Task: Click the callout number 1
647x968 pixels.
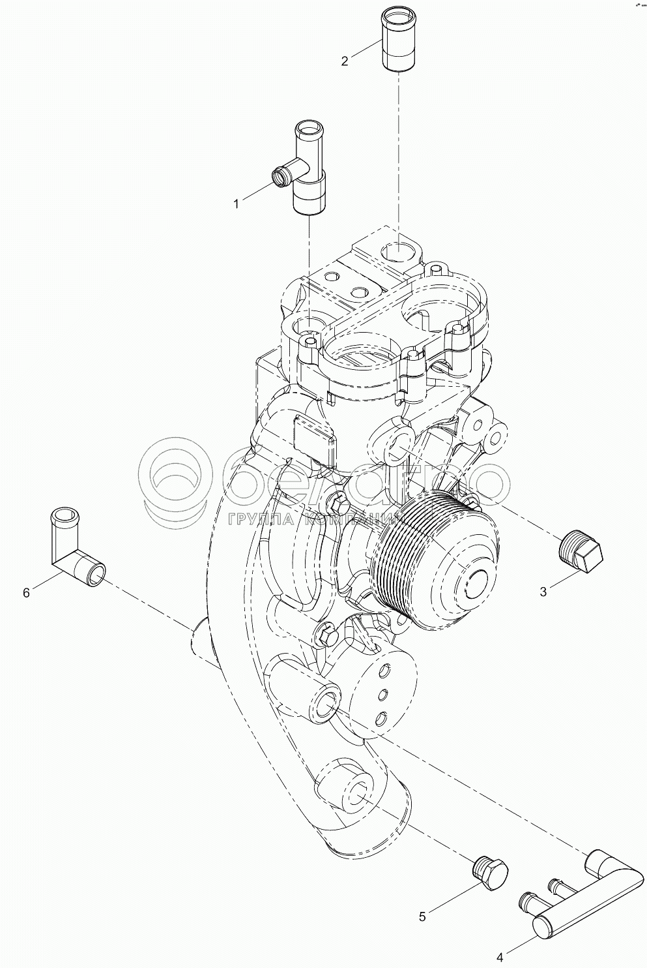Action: tap(237, 204)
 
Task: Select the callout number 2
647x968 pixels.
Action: tap(345, 61)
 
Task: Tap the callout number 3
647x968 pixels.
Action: tap(543, 592)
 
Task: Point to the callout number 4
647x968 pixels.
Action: tap(500, 958)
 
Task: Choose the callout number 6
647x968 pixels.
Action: tap(26, 592)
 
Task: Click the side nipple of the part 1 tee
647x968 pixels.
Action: tap(281, 175)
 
